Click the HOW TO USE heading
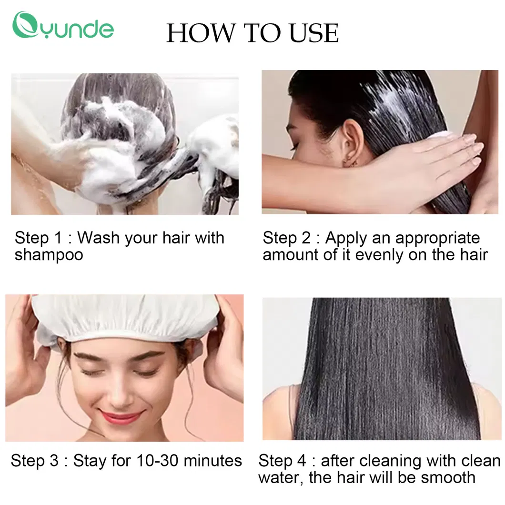[252, 33]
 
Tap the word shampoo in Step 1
[49, 254]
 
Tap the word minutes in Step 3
[212, 461]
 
